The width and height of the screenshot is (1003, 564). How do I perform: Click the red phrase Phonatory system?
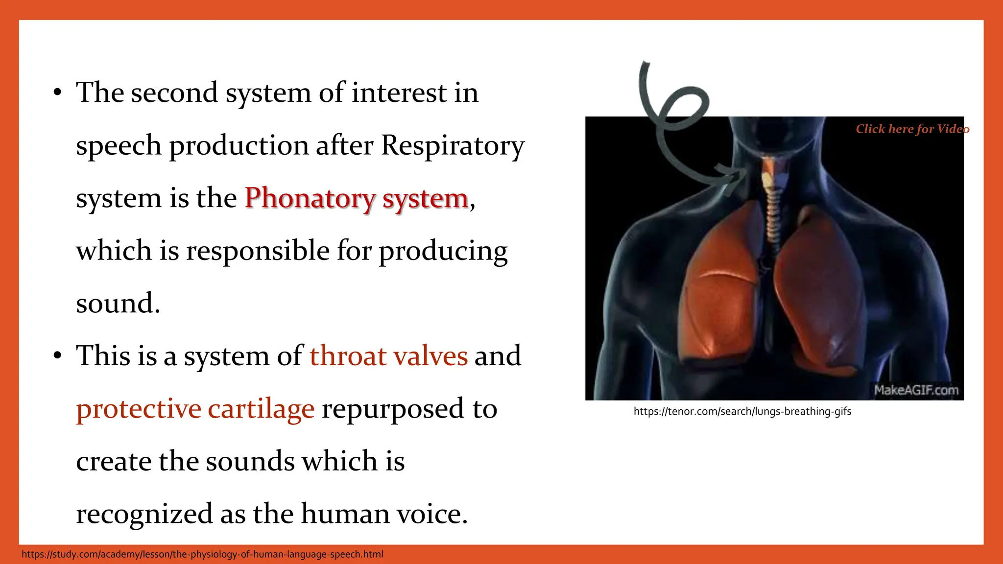click(x=357, y=198)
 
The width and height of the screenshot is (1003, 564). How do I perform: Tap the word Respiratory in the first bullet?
click(x=453, y=145)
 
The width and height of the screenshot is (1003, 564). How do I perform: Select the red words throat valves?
click(x=388, y=356)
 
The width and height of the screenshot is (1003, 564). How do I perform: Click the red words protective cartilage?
click(x=195, y=409)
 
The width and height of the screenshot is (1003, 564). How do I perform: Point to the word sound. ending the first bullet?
click(x=118, y=304)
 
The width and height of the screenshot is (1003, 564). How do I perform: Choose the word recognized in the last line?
click(x=144, y=514)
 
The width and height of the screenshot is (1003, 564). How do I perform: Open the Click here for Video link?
click(x=912, y=129)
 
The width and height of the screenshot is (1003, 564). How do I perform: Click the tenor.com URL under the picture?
click(x=742, y=412)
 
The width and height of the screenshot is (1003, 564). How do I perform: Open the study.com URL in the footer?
click(x=202, y=554)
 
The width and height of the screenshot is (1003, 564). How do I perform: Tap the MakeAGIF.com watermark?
click(x=916, y=390)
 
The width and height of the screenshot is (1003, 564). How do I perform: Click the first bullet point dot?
click(x=58, y=93)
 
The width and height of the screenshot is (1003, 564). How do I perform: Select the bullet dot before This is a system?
click(x=58, y=356)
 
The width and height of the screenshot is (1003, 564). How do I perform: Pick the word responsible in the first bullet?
click(x=258, y=251)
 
